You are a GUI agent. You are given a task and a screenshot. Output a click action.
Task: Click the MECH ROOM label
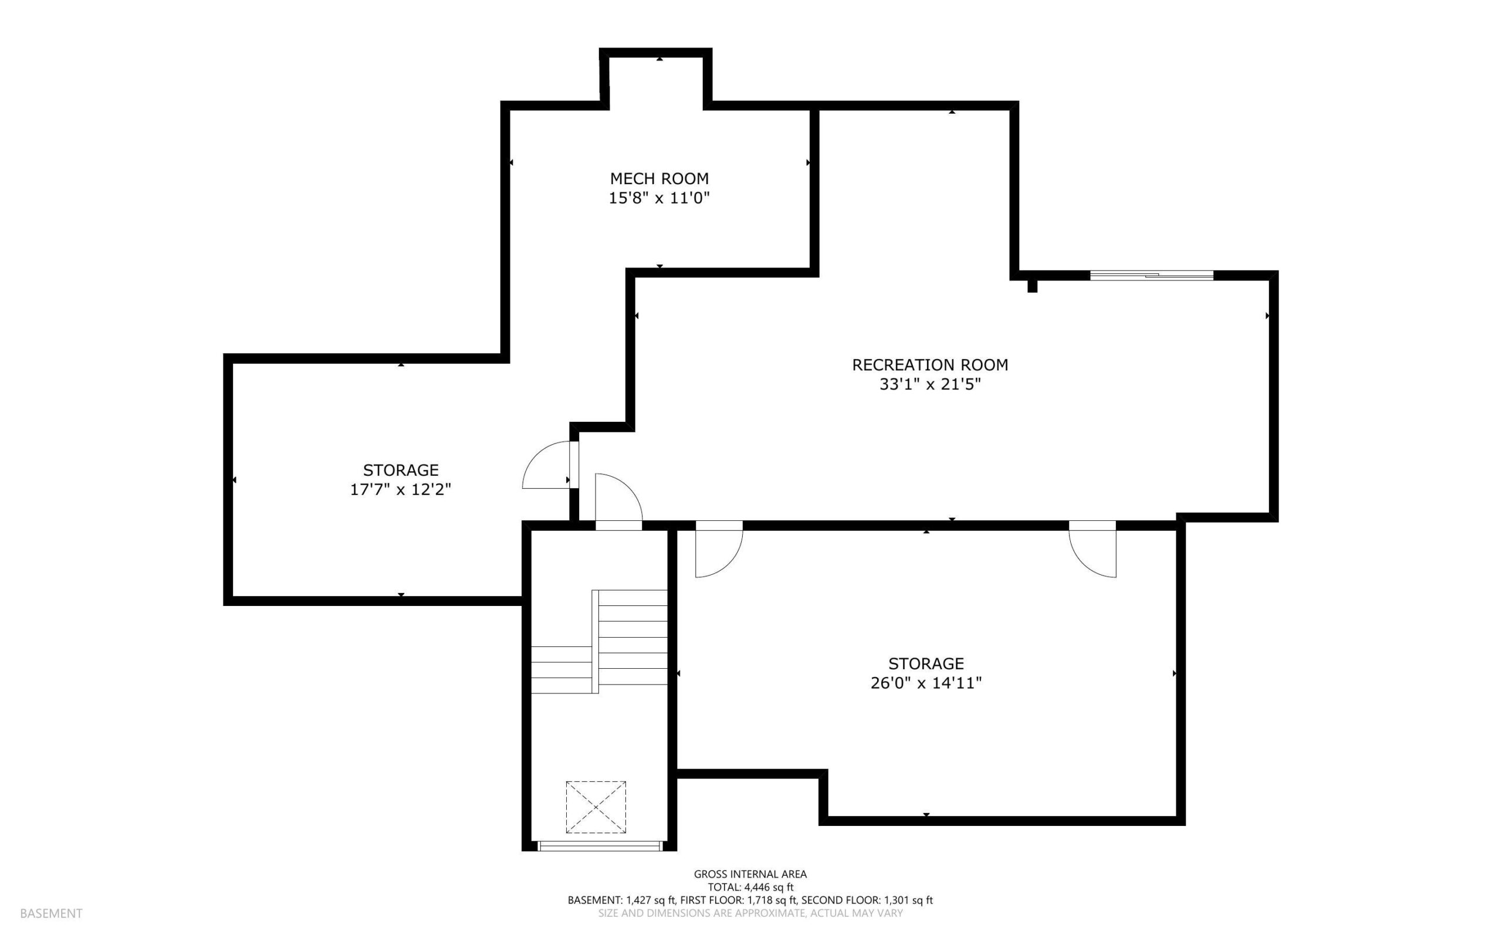pos(659,179)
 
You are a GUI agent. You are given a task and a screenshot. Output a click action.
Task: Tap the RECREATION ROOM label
pos(929,365)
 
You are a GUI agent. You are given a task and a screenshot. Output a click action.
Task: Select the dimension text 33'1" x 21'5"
pos(929,385)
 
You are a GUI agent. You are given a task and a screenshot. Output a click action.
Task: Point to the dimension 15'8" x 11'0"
pos(659,198)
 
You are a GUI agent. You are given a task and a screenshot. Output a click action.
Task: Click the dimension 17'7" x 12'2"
pos(400,489)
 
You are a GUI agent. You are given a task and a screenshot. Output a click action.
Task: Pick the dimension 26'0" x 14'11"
pos(926,683)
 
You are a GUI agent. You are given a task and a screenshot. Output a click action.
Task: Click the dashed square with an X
pos(596,807)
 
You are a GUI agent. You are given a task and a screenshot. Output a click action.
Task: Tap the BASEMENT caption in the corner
pos(51,913)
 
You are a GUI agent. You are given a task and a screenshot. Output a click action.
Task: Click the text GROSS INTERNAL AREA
pos(750,874)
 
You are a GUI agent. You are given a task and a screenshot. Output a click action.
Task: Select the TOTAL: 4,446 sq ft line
pos(750,887)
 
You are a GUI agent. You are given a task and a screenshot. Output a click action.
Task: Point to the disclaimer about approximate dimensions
pos(750,913)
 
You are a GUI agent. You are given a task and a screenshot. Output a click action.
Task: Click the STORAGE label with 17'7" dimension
pos(401,470)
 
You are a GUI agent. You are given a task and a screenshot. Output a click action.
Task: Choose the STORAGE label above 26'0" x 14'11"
pos(926,663)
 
